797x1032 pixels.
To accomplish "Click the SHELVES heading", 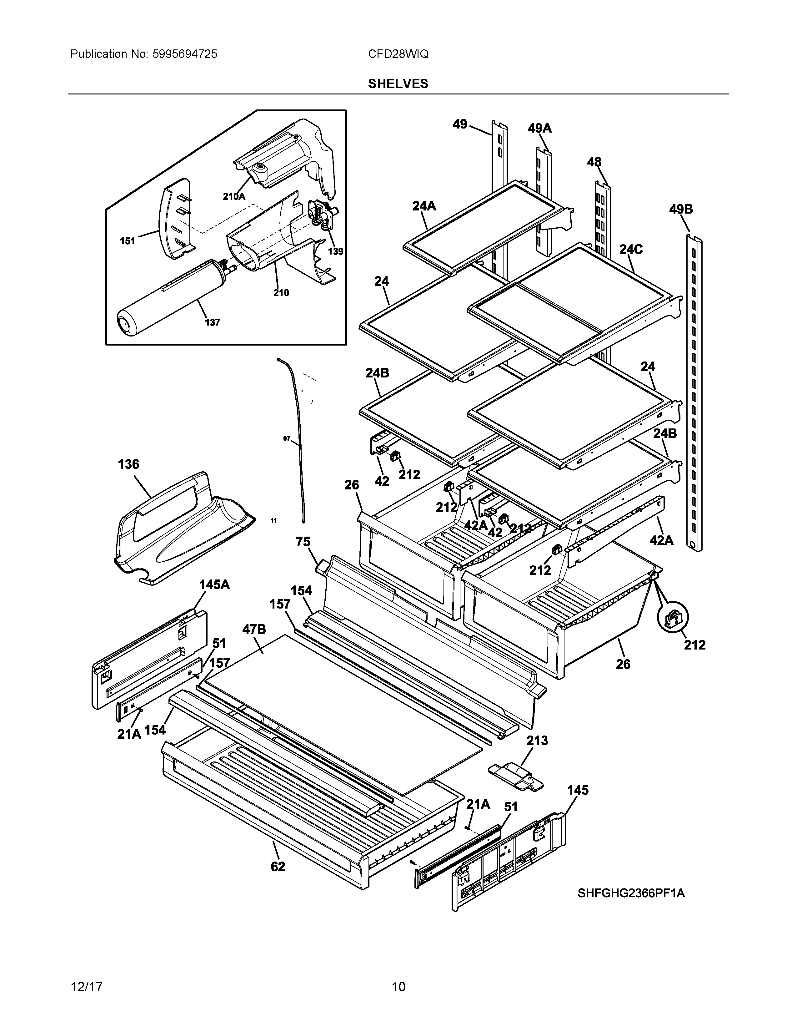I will tap(398, 83).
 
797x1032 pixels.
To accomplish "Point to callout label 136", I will tap(128, 464).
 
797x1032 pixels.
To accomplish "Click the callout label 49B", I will tap(681, 209).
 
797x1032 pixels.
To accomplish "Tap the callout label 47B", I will tap(254, 629).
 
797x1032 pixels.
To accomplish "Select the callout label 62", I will tap(278, 867).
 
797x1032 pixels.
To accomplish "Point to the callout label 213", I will tap(537, 741).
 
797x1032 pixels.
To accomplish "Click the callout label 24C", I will tap(631, 249).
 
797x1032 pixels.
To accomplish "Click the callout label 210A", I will tap(234, 197).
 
